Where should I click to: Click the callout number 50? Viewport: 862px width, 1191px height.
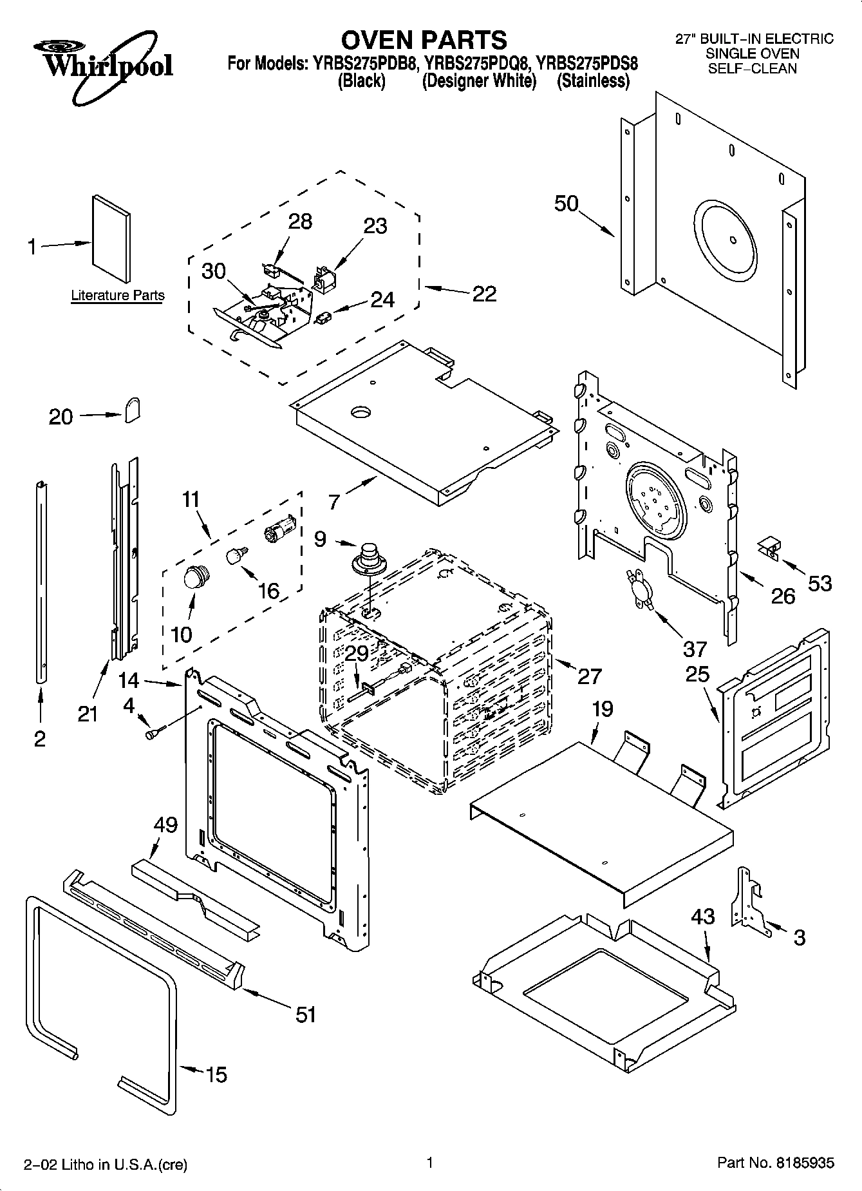(567, 204)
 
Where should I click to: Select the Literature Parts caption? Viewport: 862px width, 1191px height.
(117, 296)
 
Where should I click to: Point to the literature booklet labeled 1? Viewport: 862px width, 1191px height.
(111, 240)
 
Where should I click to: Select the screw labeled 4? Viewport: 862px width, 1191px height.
(155, 732)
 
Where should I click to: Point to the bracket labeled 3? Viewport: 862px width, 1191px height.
(746, 900)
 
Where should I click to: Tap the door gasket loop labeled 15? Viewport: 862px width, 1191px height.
(100, 1005)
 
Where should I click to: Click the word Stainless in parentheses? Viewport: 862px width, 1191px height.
(593, 81)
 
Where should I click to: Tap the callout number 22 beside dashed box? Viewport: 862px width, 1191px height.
(484, 294)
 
